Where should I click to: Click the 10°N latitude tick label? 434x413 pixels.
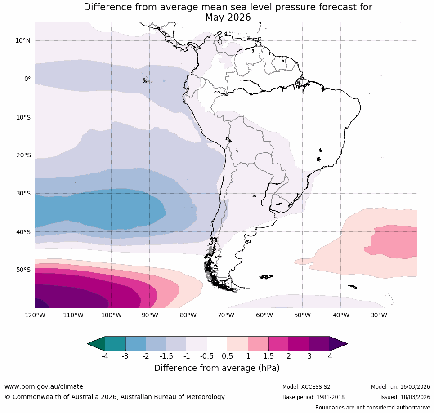[x=23, y=40]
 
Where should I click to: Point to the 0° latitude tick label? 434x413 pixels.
[x=27, y=79]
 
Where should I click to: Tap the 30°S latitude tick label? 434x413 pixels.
[x=23, y=194]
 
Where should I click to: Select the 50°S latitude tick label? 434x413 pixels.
[x=23, y=270]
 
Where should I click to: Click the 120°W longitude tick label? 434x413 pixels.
[x=35, y=315]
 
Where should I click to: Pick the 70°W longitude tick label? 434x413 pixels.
[x=226, y=315]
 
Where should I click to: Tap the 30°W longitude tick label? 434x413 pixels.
[x=379, y=315]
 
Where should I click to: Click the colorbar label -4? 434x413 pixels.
[x=105, y=356]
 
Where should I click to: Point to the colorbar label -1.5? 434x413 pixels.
[x=166, y=356]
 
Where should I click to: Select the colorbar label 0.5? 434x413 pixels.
[x=228, y=356]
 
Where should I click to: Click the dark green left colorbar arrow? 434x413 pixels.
[x=96, y=344]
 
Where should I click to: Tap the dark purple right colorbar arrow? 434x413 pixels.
[x=338, y=344]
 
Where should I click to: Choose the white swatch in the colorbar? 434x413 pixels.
[x=217, y=344]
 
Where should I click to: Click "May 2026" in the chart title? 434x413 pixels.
[x=228, y=18]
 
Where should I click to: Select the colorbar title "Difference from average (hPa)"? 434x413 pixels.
[x=217, y=368]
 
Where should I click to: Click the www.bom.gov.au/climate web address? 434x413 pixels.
[x=44, y=386]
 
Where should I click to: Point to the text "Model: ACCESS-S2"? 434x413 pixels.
[x=306, y=387]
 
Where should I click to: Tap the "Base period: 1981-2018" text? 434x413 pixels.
[x=313, y=397]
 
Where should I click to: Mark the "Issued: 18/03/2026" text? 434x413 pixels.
[x=405, y=397]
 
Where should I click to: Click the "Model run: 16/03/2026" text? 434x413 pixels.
[x=400, y=387]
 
